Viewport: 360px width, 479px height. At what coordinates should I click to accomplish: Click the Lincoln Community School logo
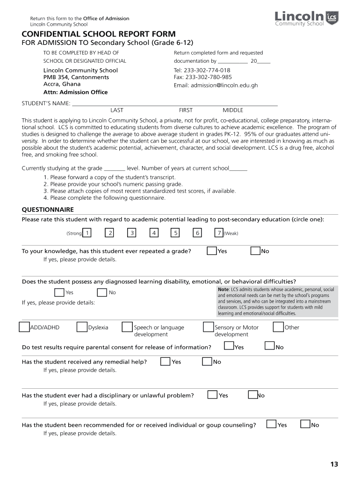306,19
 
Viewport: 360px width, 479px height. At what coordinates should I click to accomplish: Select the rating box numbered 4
154,232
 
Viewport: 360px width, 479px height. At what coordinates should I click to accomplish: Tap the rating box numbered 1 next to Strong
87,232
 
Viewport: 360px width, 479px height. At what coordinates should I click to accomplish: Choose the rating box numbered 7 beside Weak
218,232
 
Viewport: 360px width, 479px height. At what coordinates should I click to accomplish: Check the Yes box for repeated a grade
211,251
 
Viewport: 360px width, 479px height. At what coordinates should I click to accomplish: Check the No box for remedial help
207,362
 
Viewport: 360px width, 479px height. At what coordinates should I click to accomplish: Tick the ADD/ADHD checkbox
24,327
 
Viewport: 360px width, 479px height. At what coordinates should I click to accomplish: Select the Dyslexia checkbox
82,327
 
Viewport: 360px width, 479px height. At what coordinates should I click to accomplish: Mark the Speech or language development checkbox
127,327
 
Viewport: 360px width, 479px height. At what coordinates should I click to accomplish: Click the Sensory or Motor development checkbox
208,327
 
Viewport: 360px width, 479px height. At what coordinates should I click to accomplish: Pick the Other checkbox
278,327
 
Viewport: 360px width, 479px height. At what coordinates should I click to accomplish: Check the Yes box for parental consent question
229,347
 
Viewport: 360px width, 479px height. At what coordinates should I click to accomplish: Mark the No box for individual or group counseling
305,425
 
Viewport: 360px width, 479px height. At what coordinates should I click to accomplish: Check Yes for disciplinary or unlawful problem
212,395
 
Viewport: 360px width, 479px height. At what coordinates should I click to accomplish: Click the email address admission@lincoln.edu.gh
216,86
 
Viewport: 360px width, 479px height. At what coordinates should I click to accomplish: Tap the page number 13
333,464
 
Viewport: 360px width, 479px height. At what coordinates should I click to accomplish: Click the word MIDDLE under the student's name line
233,110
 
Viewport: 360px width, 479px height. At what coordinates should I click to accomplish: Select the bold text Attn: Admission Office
75,92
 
